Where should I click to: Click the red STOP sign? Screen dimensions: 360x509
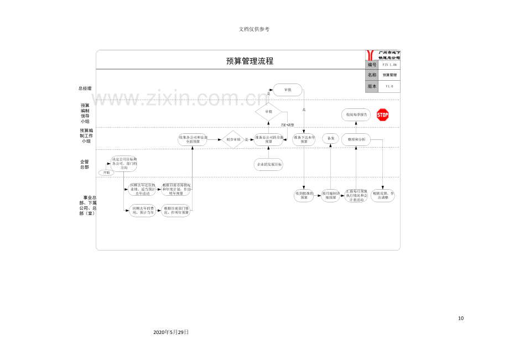click(382, 115)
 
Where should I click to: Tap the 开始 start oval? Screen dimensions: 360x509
click(106, 173)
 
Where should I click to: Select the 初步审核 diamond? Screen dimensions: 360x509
click(232, 139)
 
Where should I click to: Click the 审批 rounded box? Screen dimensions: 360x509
click(288, 90)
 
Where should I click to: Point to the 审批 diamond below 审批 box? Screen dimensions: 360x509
click(268, 112)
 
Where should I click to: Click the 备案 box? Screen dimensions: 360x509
click(331, 139)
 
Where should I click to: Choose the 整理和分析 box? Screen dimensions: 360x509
click(356, 139)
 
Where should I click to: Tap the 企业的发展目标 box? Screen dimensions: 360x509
click(268, 165)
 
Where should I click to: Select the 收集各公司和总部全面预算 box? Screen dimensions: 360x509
click(193, 139)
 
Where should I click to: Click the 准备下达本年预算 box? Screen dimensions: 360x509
click(304, 139)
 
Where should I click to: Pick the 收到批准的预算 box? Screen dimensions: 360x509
click(304, 195)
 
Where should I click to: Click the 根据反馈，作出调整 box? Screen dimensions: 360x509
click(383, 195)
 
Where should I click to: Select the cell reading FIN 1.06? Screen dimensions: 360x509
click(390, 65)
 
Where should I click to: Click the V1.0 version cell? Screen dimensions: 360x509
click(389, 86)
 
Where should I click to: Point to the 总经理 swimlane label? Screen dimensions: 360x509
click(85, 88)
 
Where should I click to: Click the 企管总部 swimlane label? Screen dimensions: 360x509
click(85, 164)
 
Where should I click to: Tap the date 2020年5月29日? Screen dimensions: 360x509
click(171, 332)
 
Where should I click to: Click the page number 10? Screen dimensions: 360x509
click(461, 318)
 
